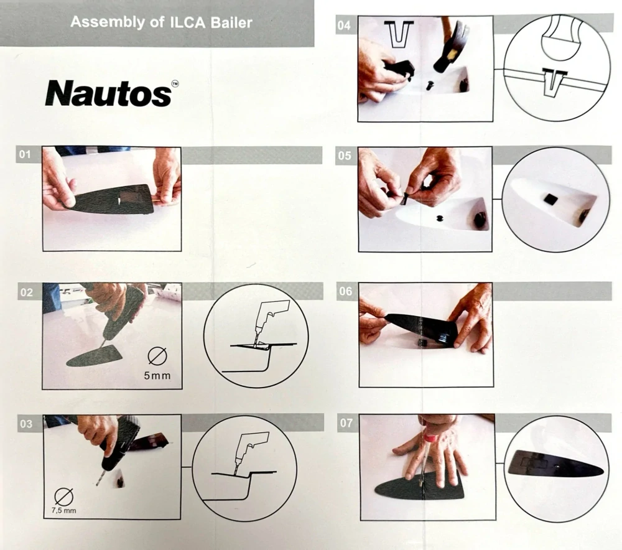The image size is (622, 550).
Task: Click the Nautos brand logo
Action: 111,93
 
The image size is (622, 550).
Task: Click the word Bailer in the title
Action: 231,22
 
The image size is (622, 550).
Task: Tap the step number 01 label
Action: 25,154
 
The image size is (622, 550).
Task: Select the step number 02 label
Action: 26,292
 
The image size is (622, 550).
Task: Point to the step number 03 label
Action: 26,424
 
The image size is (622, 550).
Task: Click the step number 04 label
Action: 344,26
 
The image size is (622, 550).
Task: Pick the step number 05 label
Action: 345,156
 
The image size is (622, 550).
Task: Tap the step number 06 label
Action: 345,291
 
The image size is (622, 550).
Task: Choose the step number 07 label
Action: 346,423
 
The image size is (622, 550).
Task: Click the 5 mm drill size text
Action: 157,375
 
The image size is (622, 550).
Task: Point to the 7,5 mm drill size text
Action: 64,510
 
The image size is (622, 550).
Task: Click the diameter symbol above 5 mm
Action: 157,356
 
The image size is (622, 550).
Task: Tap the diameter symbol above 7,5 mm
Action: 64,496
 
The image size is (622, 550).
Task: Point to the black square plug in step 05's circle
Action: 550,198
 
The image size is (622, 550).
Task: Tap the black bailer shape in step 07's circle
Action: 555,464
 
